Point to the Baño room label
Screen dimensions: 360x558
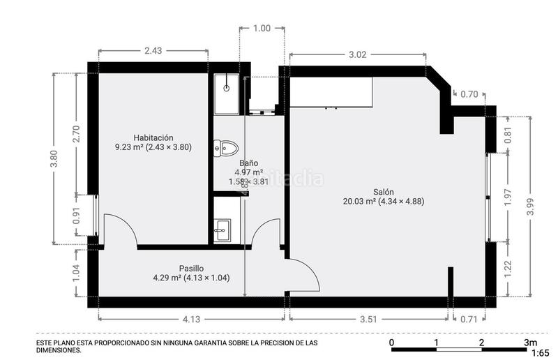[249, 163]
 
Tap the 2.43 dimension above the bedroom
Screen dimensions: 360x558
[153, 50]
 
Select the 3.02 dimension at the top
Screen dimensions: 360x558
[357, 54]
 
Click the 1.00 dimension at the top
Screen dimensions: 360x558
[262, 29]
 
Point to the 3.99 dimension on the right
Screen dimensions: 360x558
[531, 207]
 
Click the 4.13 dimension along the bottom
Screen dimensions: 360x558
[191, 320]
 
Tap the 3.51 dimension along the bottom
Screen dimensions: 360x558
[368, 320]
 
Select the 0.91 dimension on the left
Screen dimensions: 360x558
[76, 218]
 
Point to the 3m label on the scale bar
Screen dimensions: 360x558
[530, 343]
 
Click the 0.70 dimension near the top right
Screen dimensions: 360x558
[470, 94]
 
